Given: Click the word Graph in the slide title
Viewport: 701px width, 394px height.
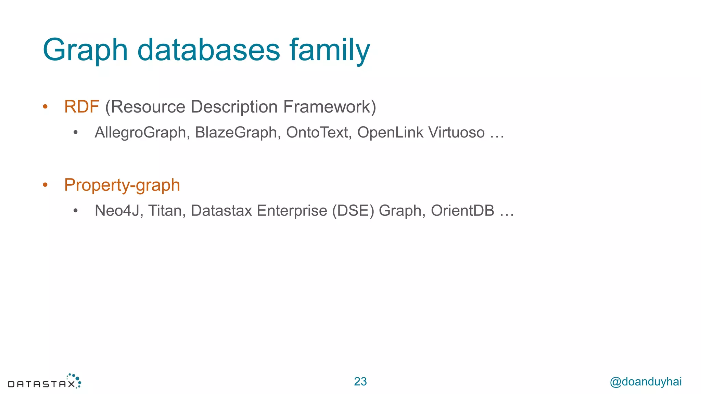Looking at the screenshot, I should pyautogui.click(x=85, y=50).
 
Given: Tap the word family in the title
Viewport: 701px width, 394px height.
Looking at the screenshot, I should pyautogui.click(x=330, y=50).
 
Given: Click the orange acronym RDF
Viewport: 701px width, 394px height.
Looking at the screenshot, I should pyautogui.click(x=81, y=107).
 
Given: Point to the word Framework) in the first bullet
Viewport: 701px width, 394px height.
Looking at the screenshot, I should pyautogui.click(x=330, y=107).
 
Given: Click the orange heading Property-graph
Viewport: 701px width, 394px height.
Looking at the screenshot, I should pyautogui.click(x=122, y=185).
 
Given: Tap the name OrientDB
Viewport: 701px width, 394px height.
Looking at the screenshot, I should pyautogui.click(x=462, y=211).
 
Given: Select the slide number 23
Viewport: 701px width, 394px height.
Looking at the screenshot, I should pyautogui.click(x=360, y=381).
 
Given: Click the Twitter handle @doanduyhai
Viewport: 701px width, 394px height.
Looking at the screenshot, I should pyautogui.click(x=646, y=381).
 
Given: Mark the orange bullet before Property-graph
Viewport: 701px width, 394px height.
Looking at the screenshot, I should pyautogui.click(x=45, y=185).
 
